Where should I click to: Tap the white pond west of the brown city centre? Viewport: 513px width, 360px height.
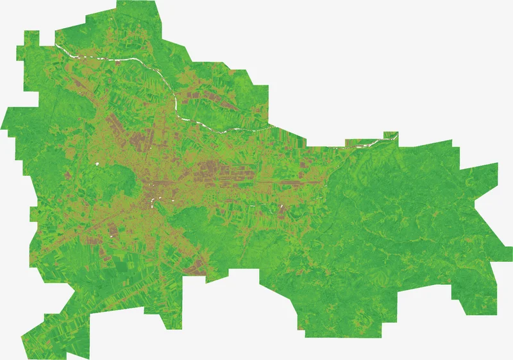point(97,164)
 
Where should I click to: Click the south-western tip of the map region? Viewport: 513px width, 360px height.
point(22,335)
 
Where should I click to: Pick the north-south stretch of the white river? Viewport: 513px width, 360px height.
point(175,103)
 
